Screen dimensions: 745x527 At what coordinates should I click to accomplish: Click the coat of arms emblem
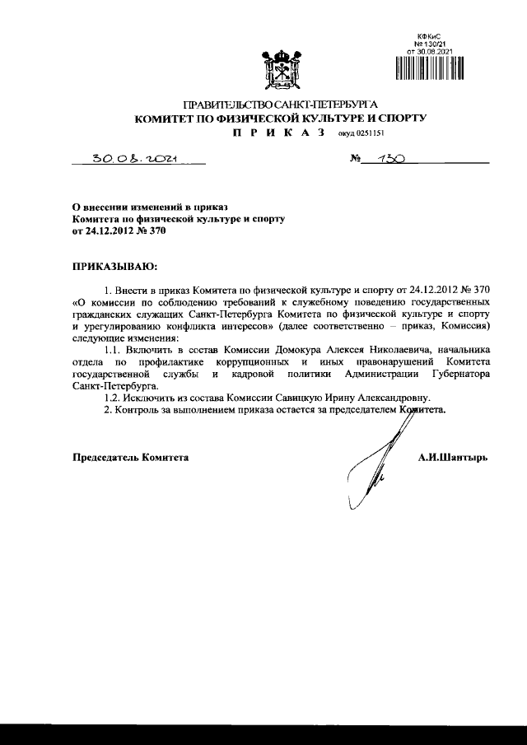click(279, 71)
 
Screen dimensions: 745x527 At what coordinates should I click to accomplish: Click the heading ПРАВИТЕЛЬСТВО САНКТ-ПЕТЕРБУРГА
click(280, 105)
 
